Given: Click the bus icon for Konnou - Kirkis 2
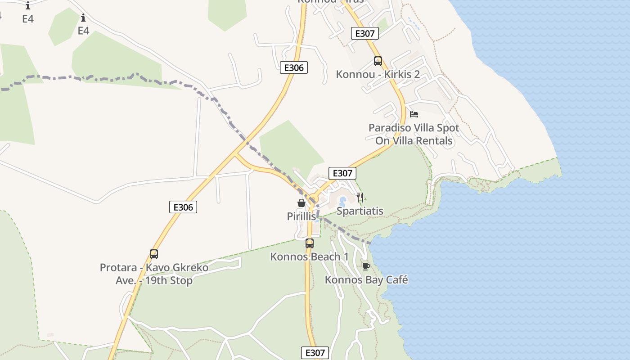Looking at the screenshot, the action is pyautogui.click(x=378, y=61).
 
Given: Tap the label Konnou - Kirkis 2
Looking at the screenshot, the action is pyautogui.click(x=378, y=74).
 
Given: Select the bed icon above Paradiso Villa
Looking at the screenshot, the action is pyautogui.click(x=414, y=114).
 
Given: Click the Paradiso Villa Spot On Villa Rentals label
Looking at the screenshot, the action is pyautogui.click(x=414, y=134).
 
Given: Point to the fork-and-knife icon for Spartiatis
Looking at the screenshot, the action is pyautogui.click(x=360, y=198).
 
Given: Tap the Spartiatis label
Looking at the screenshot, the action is pyautogui.click(x=360, y=211).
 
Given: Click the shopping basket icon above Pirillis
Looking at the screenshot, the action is pyautogui.click(x=301, y=203).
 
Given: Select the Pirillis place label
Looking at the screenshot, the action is pyautogui.click(x=301, y=216).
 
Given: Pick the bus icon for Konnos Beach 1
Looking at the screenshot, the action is pyautogui.click(x=310, y=243).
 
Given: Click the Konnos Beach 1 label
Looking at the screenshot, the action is pyautogui.click(x=310, y=257).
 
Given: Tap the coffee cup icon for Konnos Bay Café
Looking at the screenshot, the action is pyautogui.click(x=366, y=266).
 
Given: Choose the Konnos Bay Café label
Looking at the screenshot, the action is pyautogui.click(x=366, y=280).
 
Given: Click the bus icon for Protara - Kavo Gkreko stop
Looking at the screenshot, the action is pyautogui.click(x=154, y=254).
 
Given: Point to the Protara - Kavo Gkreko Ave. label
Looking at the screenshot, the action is pyautogui.click(x=154, y=274).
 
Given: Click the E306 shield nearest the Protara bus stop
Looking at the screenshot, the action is pyautogui.click(x=183, y=207).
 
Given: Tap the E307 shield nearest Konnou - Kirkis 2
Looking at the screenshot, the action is pyautogui.click(x=364, y=33).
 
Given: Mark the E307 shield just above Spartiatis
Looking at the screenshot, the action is pyautogui.click(x=342, y=173).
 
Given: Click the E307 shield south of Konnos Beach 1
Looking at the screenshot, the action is pyautogui.click(x=315, y=353).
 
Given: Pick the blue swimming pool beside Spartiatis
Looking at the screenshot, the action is pyautogui.click(x=343, y=201).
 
